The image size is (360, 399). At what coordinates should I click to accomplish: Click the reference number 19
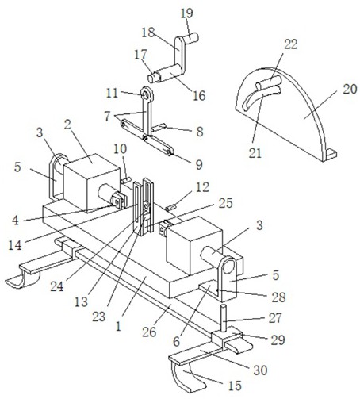point(187,13)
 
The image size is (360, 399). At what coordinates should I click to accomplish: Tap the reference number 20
point(350,89)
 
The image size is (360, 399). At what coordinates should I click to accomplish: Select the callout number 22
point(291,44)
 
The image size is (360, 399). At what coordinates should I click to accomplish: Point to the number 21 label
point(255,153)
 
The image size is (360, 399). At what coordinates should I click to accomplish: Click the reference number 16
point(199,95)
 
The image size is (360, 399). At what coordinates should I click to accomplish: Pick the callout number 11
point(112,93)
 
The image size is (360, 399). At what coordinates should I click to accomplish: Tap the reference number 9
point(199,164)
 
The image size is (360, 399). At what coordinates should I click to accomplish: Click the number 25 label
point(225,203)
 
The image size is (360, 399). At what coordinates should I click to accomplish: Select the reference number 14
point(15,245)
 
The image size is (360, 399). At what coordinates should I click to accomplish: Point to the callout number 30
point(260,370)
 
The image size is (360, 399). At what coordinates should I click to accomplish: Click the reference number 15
point(235,386)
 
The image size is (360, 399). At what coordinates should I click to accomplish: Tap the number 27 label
point(275,317)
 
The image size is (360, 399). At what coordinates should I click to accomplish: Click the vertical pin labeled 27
point(224,318)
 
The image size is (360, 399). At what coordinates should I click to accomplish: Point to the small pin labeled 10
point(126,180)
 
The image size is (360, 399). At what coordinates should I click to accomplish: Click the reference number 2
point(67,125)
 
